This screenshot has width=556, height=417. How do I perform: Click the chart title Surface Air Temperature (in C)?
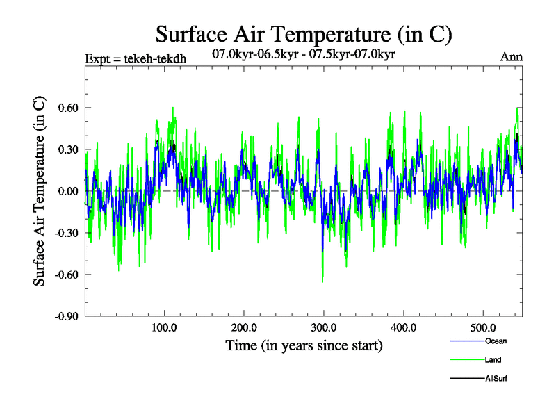pyautogui.click(x=304, y=34)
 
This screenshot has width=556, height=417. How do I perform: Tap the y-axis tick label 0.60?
pyautogui.click(x=67, y=108)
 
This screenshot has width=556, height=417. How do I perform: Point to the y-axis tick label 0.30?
pyautogui.click(x=67, y=149)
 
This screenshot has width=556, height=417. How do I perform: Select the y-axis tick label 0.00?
pyautogui.click(x=67, y=191)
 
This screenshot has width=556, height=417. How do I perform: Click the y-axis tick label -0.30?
pyautogui.click(x=66, y=233)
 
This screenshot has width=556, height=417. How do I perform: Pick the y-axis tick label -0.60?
pyautogui.click(x=66, y=275)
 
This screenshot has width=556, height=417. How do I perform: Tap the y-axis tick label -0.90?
pyautogui.click(x=66, y=316)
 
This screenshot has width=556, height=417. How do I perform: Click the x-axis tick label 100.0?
pyautogui.click(x=164, y=327)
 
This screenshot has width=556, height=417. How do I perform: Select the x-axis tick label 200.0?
pyautogui.click(x=244, y=327)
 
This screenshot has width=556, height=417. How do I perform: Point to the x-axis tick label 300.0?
pyautogui.click(x=324, y=327)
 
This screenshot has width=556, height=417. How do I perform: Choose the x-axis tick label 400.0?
pyautogui.click(x=404, y=327)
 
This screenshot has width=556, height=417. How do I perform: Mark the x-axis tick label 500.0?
pyautogui.click(x=483, y=327)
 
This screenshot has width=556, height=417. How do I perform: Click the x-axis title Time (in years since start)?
pyautogui.click(x=304, y=345)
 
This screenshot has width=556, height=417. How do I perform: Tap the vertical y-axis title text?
pyautogui.click(x=40, y=191)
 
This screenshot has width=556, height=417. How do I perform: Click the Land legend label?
pyautogui.click(x=493, y=360)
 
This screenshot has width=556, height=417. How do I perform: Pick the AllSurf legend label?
pyautogui.click(x=496, y=379)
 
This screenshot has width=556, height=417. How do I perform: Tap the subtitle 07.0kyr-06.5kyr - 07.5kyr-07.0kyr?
pyautogui.click(x=304, y=54)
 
